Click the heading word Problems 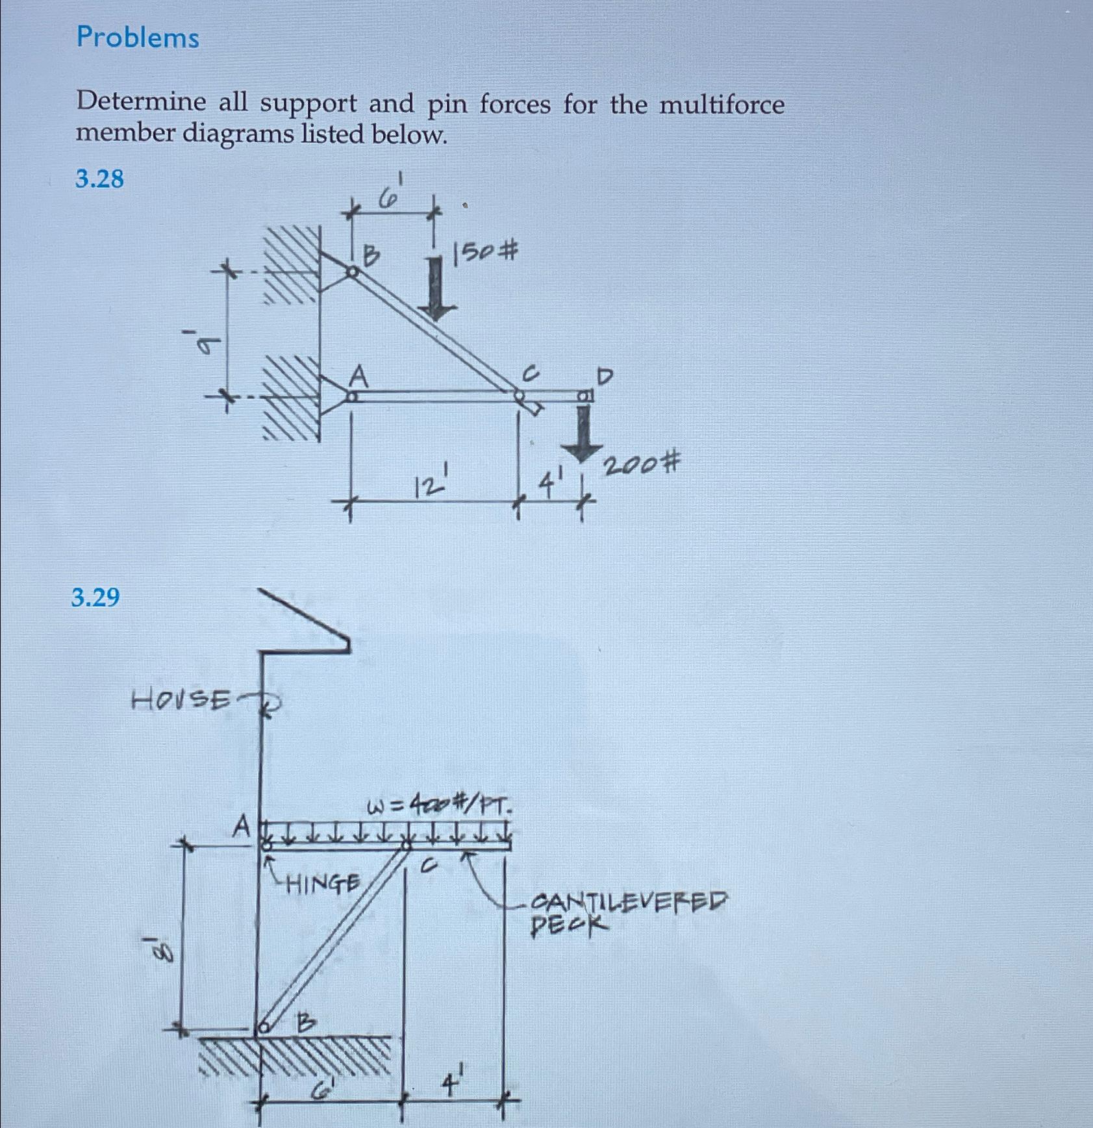coord(138,38)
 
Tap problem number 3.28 coord(99,179)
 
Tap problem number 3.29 coord(95,597)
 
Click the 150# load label coord(486,252)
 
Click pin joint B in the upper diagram coord(351,272)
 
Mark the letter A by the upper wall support coord(358,376)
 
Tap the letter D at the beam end coord(605,376)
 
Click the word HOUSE coord(181,700)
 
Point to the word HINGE coord(323,883)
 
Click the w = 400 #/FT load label coord(442,807)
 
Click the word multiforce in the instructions coord(722,105)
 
